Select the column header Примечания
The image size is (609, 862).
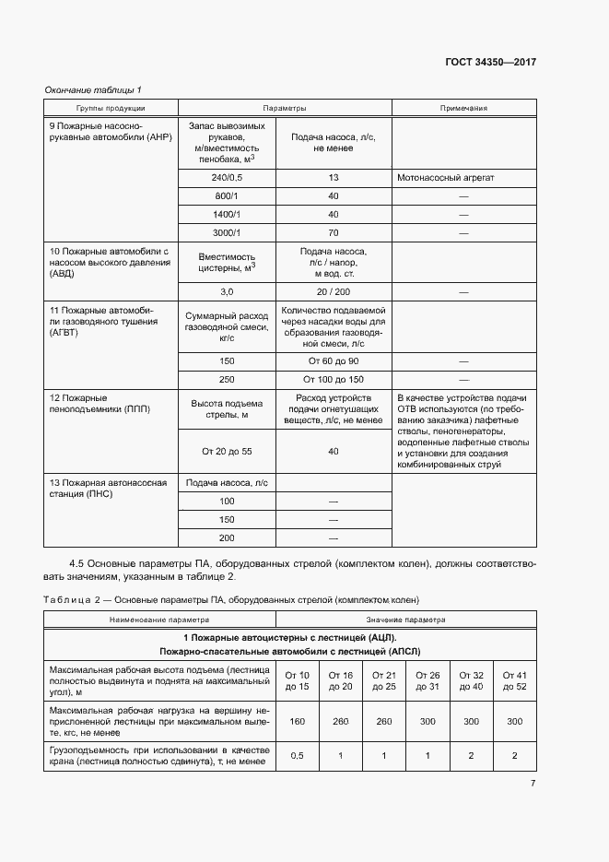tap(463, 108)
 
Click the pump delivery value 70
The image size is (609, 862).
tap(334, 232)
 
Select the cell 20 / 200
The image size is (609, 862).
tap(334, 290)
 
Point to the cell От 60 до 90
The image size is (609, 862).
tap(334, 360)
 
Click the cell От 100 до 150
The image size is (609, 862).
tap(334, 379)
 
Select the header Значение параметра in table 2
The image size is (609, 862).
tap(405, 620)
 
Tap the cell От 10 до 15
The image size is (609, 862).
tap(298, 679)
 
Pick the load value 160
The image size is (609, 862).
tap(298, 722)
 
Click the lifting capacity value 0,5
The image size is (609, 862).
tap(298, 756)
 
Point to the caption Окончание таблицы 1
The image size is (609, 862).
tap(93, 89)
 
